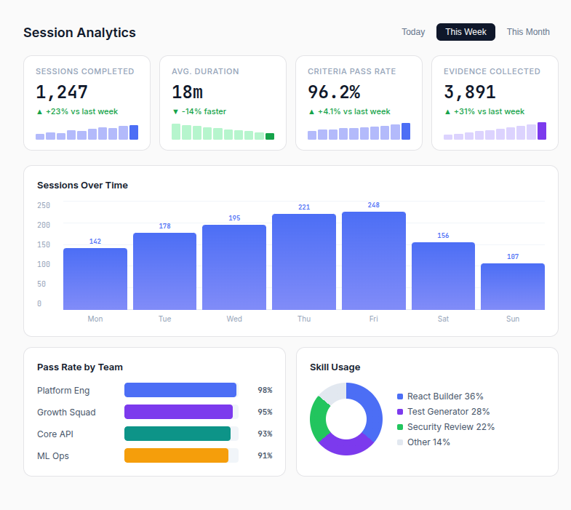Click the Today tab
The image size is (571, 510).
(413, 32)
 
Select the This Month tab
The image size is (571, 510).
(528, 32)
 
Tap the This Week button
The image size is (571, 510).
(466, 32)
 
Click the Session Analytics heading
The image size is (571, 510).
(79, 33)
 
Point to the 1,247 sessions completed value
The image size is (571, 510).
(62, 92)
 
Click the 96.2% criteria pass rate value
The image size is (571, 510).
(334, 92)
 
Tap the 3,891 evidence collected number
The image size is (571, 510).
(470, 92)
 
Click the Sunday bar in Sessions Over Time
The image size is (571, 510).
(512, 287)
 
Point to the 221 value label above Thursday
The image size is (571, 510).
(304, 207)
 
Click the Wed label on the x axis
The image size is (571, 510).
(234, 319)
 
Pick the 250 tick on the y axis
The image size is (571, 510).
(44, 205)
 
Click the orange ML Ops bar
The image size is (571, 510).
(176, 455)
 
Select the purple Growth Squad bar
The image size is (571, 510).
(178, 412)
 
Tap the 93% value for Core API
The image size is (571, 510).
(265, 434)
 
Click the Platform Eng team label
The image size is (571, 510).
(63, 391)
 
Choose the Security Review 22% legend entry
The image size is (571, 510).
(450, 427)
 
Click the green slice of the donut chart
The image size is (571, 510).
(318, 418)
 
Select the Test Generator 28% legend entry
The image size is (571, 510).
(447, 412)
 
